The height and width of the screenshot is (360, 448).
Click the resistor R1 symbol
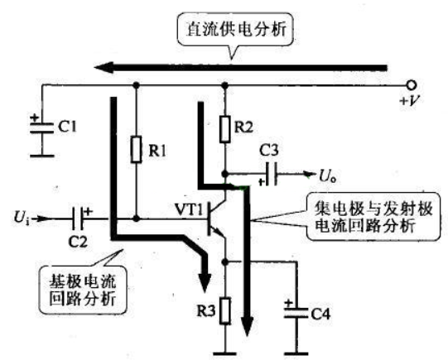[137, 150]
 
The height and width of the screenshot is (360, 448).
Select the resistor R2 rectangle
[225, 129]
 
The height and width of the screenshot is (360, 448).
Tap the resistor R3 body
[225, 310]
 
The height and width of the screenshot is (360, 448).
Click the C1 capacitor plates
[42, 128]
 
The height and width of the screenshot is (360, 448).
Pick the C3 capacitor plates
[272, 174]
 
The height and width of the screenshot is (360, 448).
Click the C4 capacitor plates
[296, 313]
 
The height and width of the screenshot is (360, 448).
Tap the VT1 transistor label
[189, 210]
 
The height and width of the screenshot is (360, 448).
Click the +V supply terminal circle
[412, 85]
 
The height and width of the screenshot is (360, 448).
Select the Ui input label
[22, 218]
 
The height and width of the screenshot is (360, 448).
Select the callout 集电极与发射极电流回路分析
[373, 217]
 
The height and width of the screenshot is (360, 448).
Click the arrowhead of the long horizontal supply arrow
[104, 68]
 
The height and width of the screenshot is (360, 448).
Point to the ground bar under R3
[225, 354]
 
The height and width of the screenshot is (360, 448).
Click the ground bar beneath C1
[42, 156]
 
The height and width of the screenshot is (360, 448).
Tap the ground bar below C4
[296, 354]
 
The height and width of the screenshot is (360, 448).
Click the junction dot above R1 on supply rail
[137, 85]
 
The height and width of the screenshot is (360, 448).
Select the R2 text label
[243, 127]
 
